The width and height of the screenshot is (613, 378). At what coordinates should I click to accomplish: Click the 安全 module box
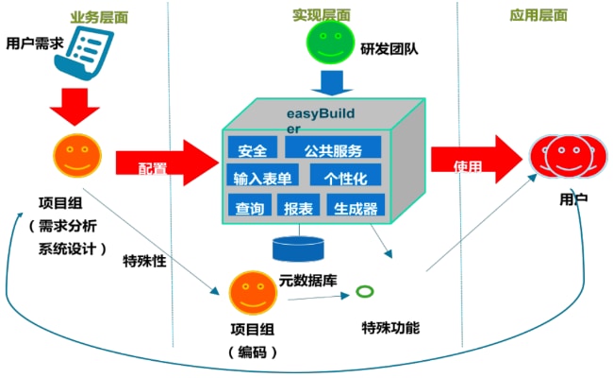coord(252,149)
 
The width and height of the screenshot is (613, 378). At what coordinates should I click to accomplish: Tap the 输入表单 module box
coord(261,177)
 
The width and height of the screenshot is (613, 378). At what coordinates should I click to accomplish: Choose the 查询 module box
coord(250,207)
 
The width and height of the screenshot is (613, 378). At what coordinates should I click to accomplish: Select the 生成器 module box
coord(356,207)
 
